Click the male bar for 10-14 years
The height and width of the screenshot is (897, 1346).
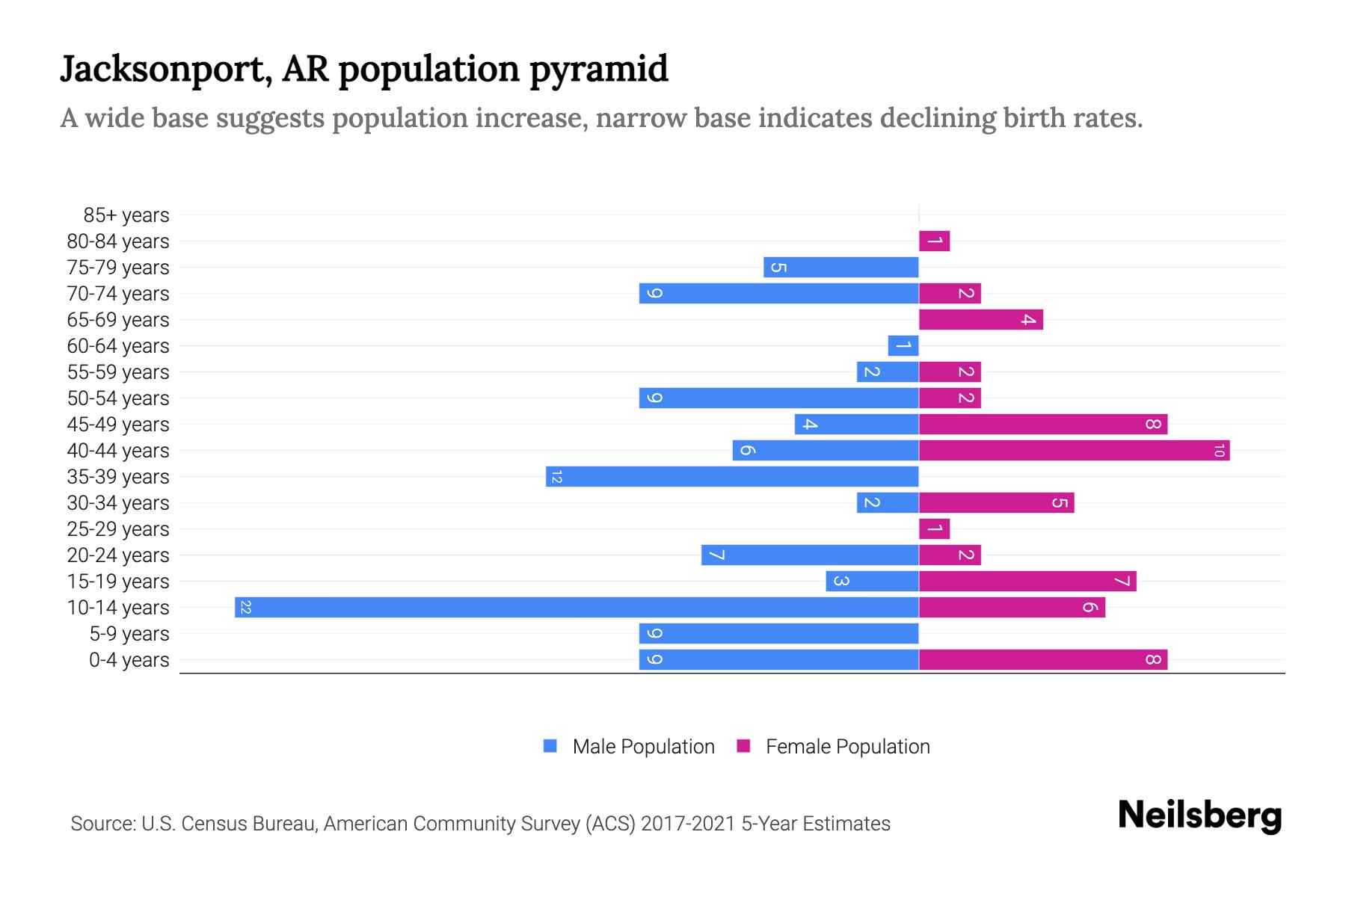tap(576, 607)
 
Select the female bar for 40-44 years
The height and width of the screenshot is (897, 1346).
tap(1074, 450)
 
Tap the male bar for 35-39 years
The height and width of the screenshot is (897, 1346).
tap(731, 476)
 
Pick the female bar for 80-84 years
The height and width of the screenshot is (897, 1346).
tap(934, 241)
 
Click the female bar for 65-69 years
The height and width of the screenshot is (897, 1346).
tap(980, 319)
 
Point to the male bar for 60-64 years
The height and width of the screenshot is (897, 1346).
tap(903, 345)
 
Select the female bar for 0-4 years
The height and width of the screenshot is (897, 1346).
tap(1042, 659)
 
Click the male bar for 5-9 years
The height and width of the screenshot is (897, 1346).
tap(778, 633)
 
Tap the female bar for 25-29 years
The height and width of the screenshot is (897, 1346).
tap(934, 528)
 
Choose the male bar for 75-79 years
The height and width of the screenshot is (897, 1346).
tap(841, 267)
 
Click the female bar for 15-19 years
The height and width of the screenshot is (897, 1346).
tap(1027, 581)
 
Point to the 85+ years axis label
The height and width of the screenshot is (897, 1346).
tap(126, 215)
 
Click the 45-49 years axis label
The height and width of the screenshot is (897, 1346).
tap(118, 425)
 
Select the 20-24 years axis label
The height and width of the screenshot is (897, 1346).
tap(118, 555)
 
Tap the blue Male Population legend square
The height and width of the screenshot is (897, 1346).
tap(550, 746)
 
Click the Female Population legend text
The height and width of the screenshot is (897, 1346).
tap(847, 746)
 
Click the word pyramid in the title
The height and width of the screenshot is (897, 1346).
tap(598, 70)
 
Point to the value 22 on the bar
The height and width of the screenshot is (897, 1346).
tap(245, 607)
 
